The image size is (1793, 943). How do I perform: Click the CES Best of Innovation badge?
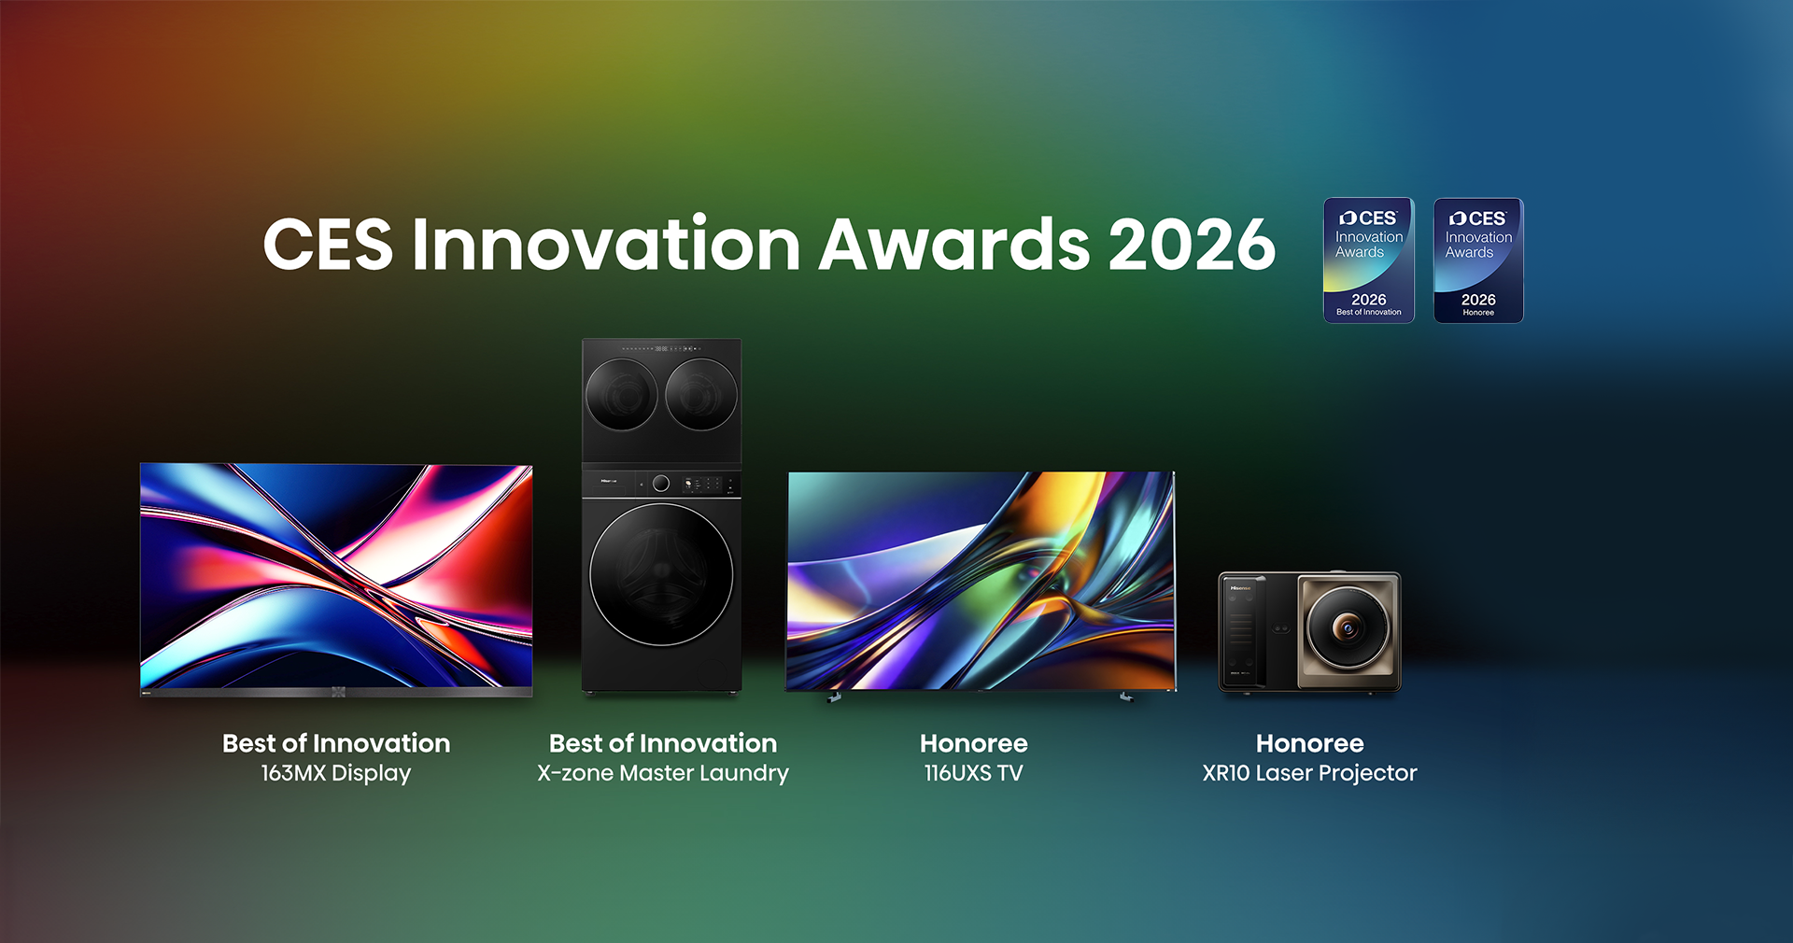[1368, 260]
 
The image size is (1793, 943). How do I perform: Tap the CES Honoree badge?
[1478, 260]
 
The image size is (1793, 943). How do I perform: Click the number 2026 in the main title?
[1192, 245]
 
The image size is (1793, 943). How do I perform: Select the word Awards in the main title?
[954, 245]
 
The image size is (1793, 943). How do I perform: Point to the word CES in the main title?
[328, 245]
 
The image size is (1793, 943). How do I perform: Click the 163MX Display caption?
[336, 773]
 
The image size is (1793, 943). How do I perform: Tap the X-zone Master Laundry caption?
[663, 773]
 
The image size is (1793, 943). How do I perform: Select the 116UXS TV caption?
[974, 773]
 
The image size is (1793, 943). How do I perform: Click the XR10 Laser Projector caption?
[1309, 773]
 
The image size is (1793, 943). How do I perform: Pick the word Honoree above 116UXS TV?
[974, 743]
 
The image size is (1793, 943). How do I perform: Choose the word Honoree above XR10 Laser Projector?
[1309, 743]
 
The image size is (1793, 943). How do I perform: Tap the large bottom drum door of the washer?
[661, 574]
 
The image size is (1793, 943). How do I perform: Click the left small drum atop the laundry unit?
[622, 395]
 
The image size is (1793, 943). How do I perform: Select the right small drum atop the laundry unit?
[701, 395]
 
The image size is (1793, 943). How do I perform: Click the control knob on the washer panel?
[661, 484]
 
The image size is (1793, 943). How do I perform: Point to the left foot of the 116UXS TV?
[834, 697]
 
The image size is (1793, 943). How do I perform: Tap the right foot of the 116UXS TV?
[1126, 697]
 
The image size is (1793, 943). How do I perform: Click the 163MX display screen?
[336, 576]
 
